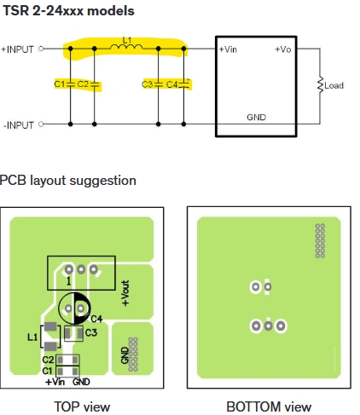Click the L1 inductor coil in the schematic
(126, 47)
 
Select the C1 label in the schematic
(60, 84)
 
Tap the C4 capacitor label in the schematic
(172, 84)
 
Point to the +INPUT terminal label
(18, 49)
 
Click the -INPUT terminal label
(19, 125)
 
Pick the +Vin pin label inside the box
(228, 49)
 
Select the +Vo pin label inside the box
(283, 49)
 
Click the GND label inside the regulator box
(256, 118)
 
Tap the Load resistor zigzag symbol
(320, 84)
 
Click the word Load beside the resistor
(334, 85)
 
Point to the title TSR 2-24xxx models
(68, 11)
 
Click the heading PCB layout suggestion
(68, 181)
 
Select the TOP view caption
(82, 406)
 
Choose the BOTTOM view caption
(269, 406)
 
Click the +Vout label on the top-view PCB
(125, 293)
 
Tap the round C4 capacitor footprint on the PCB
(74, 308)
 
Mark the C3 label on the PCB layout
(91, 332)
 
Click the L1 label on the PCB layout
(32, 337)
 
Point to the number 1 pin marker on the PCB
(68, 281)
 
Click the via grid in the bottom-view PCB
(320, 240)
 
